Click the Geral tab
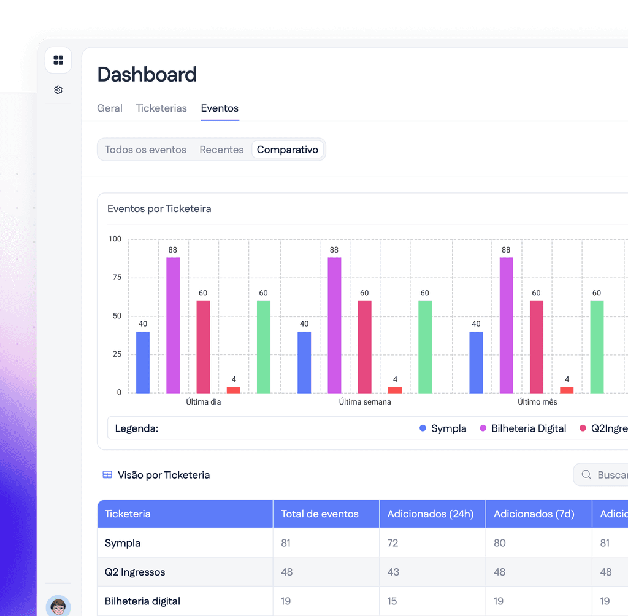click(x=110, y=108)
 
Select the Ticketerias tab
click(x=161, y=108)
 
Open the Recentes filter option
click(x=221, y=150)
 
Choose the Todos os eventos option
click(x=145, y=150)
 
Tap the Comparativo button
click(x=288, y=150)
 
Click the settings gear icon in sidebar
click(x=58, y=89)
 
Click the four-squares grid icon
click(x=58, y=60)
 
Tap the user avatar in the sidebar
click(x=58, y=606)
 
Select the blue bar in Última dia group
click(x=143, y=362)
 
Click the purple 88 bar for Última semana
click(x=334, y=325)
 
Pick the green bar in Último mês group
click(x=597, y=347)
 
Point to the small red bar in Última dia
click(x=234, y=390)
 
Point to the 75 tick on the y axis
click(x=117, y=278)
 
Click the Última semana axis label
click(x=365, y=402)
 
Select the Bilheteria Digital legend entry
click(x=523, y=428)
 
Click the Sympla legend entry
click(x=443, y=428)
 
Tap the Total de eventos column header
click(x=320, y=514)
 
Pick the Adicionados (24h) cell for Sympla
click(x=393, y=542)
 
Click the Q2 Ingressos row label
click(x=135, y=572)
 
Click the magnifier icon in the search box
click(x=586, y=474)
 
